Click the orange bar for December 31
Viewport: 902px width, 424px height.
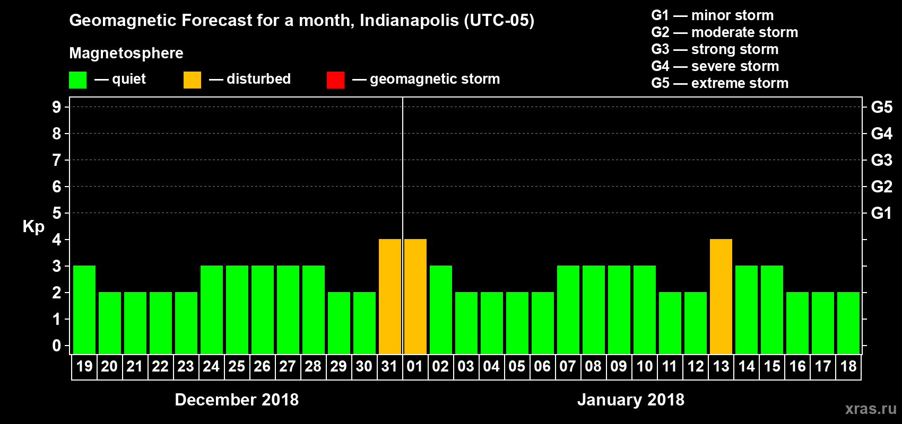click(x=390, y=297)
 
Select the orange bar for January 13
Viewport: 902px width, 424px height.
click(x=721, y=297)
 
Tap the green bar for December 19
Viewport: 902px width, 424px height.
click(x=84, y=310)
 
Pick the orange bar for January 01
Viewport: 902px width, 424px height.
click(x=415, y=297)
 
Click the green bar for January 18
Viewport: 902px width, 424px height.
click(x=848, y=323)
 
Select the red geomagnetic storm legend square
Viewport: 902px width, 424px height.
click(x=335, y=80)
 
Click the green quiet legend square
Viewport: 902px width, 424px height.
click(x=78, y=80)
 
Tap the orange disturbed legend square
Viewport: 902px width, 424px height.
click(x=192, y=80)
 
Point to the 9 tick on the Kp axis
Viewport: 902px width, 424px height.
click(x=57, y=107)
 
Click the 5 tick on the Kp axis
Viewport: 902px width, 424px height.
click(x=57, y=213)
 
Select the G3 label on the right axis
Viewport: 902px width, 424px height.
click(x=881, y=160)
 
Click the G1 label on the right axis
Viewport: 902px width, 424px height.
click(x=881, y=213)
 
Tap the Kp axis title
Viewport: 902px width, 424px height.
click(x=33, y=227)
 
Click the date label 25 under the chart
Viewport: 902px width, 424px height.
click(x=237, y=366)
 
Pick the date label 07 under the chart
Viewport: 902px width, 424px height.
click(x=567, y=366)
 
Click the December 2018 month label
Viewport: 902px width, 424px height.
click(x=237, y=400)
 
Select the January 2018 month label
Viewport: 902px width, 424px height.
click(x=630, y=400)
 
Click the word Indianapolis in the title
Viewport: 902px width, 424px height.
click(x=409, y=21)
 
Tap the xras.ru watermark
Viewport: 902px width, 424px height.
click(x=870, y=409)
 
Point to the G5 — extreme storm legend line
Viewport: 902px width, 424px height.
click(x=719, y=83)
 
